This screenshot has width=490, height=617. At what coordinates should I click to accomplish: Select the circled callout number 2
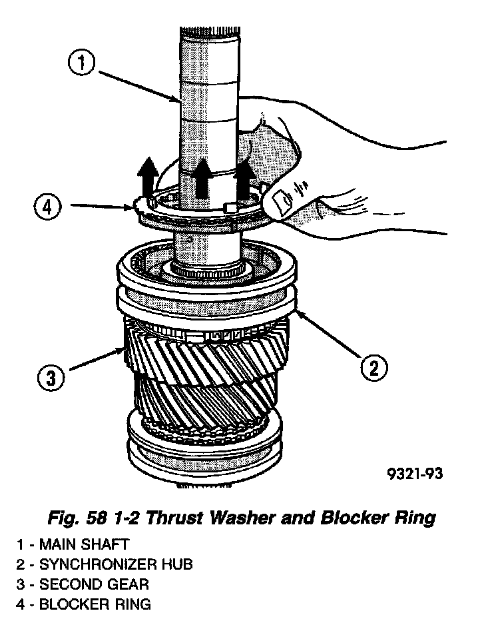373,366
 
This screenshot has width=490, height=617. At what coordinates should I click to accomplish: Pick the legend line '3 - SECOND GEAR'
83,584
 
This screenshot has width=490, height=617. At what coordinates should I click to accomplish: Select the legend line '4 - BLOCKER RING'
85,604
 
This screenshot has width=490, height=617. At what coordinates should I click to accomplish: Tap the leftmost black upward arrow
148,177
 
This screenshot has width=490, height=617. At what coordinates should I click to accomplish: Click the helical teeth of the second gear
206,373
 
